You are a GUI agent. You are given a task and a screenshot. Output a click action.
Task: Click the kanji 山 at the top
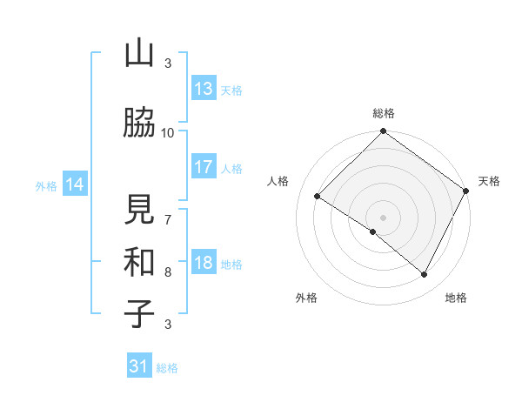[139, 55]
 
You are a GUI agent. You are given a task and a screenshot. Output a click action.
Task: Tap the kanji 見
[139, 211]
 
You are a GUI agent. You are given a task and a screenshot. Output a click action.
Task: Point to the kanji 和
[139, 262]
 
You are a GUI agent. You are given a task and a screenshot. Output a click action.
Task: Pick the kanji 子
[139, 312]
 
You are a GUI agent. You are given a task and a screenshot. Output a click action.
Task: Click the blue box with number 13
[204, 88]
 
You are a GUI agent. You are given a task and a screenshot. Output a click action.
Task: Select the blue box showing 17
[204, 166]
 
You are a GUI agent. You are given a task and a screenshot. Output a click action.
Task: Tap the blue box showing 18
[204, 263]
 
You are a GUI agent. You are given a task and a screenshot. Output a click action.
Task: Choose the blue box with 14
[74, 184]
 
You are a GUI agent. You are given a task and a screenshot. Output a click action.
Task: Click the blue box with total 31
[139, 366]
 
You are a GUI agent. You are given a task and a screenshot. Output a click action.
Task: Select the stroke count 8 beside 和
[168, 272]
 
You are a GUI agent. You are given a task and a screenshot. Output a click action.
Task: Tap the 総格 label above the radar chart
[383, 113]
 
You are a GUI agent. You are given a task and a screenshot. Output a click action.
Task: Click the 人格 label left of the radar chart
[278, 181]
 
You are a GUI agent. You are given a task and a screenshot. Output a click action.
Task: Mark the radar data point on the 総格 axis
[383, 132]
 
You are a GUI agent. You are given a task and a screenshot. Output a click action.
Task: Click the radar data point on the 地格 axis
[425, 275]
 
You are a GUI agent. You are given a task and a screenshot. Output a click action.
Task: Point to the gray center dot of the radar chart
[383, 217]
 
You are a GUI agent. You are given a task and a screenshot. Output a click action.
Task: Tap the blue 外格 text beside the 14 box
[46, 185]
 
